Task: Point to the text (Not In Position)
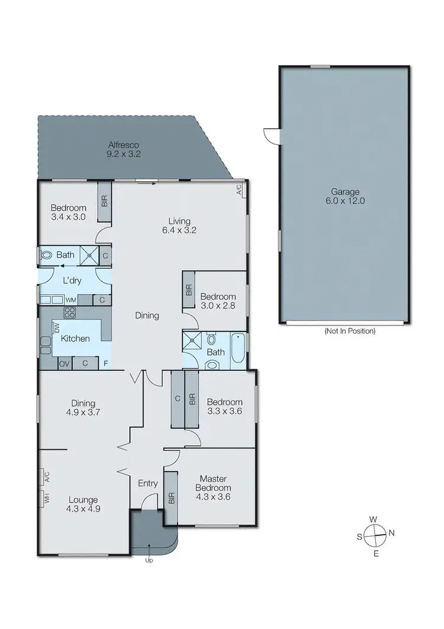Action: (349, 331)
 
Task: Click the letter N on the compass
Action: (391, 533)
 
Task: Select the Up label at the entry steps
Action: (149, 560)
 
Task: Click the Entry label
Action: (148, 484)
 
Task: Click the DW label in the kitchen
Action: (57, 327)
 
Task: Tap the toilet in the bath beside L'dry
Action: (47, 256)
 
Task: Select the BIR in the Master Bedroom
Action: (170, 497)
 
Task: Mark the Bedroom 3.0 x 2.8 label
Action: (218, 301)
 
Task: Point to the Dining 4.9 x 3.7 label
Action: (81, 408)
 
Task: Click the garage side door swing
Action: (272, 136)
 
